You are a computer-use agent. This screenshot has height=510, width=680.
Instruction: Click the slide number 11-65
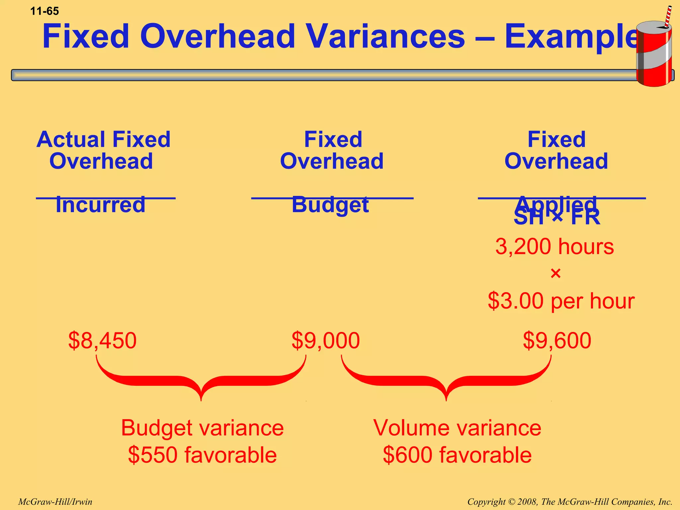[44, 11]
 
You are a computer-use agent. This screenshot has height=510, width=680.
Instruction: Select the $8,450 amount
[102, 341]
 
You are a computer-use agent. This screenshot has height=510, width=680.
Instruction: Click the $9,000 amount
[325, 341]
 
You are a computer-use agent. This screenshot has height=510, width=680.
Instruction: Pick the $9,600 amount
[557, 341]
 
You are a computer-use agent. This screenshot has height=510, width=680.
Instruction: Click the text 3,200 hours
[554, 247]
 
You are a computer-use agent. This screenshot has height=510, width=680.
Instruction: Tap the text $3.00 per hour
[561, 301]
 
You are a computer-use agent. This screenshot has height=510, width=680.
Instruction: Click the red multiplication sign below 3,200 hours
[555, 274]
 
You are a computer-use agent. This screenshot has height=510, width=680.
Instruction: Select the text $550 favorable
[202, 455]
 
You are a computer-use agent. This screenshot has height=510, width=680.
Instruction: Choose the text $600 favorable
[457, 455]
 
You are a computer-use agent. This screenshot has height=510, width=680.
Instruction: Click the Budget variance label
[202, 428]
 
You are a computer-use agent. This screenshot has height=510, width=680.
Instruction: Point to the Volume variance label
[457, 428]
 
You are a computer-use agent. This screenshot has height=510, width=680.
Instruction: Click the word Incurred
[100, 205]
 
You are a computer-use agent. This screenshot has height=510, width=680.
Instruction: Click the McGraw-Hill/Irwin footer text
[55, 502]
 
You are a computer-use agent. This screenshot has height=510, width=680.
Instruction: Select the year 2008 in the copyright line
[527, 502]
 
